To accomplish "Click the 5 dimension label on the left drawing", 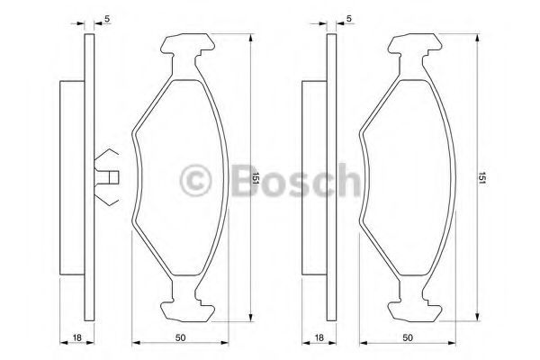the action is pyautogui.click(x=107, y=19).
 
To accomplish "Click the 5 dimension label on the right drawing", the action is pyautogui.click(x=349, y=19).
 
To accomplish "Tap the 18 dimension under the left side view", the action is pyautogui.click(x=77, y=337).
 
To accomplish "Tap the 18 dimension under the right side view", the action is pyautogui.click(x=319, y=337).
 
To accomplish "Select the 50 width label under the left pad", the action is pyautogui.click(x=180, y=337).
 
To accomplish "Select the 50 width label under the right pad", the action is pyautogui.click(x=408, y=337).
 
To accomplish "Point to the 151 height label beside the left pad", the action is pyautogui.click(x=256, y=178).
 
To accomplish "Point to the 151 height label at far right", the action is pyautogui.click(x=481, y=178).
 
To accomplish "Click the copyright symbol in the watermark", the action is pyautogui.click(x=195, y=181).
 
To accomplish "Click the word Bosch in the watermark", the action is pyautogui.click(x=295, y=180).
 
